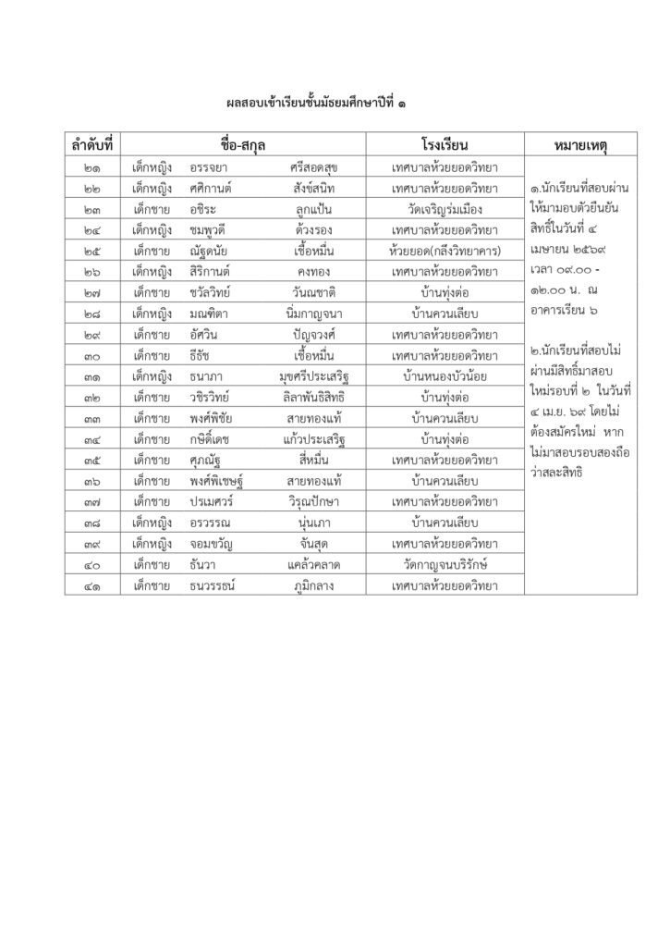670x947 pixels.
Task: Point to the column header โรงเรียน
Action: tap(445, 145)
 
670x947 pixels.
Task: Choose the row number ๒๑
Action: tap(93, 167)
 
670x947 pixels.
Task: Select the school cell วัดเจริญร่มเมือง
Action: tap(445, 209)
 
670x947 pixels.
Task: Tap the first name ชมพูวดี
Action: tap(209, 230)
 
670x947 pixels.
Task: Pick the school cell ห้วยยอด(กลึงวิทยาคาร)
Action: tap(445, 251)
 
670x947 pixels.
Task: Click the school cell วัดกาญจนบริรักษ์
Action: tap(445, 564)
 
